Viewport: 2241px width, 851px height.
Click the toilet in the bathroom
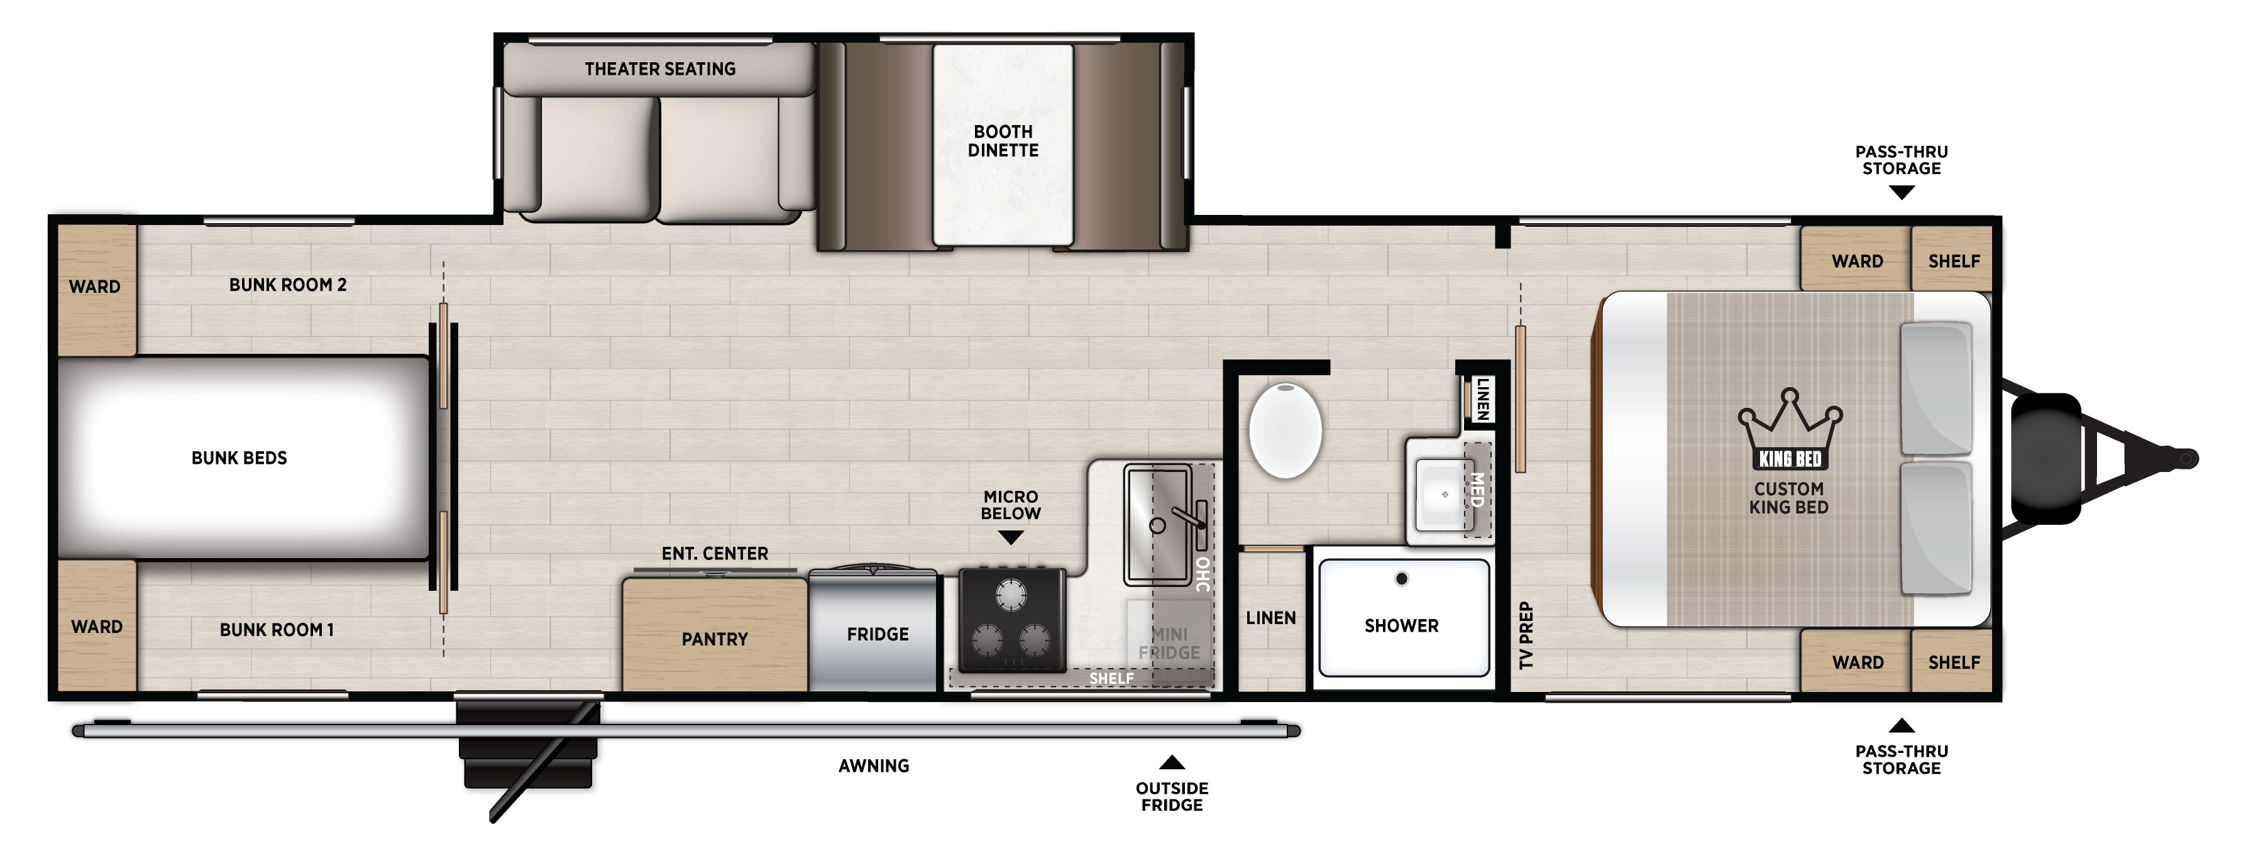pos(1285,429)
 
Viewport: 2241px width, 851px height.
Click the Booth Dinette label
pos(1003,141)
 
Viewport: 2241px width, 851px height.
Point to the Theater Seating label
pos(659,69)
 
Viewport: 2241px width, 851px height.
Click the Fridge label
pos(878,634)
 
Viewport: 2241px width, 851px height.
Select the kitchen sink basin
pos(1158,525)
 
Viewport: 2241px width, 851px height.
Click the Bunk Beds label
pos(240,458)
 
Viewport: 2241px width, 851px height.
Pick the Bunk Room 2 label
pos(288,285)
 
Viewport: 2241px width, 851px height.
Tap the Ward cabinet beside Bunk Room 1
pos(96,627)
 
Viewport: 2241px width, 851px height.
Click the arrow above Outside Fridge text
pos(1172,762)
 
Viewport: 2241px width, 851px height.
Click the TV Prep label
pos(1526,635)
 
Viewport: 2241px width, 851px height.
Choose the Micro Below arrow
pos(1010,539)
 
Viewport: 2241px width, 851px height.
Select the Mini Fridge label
pos(1169,643)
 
